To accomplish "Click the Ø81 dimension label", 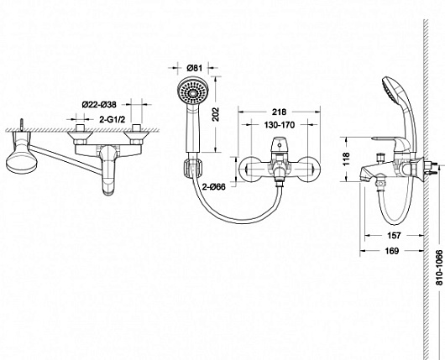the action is pos(195,68).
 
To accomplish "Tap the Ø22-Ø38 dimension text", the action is pos(99,105).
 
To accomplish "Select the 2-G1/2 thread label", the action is pos(113,119).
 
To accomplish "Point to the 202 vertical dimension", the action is pos(217,114).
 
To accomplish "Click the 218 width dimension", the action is pos(280,112).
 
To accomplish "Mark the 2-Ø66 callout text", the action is pos(214,186).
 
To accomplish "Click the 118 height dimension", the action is pos(347,159).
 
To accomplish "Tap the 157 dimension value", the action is pos(394,235).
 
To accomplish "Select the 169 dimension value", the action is pos(392,251).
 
